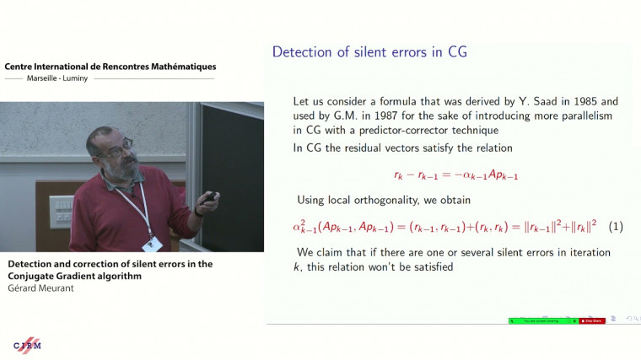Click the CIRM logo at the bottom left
(x=27, y=344)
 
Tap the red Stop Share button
(x=592, y=320)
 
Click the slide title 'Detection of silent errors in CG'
(x=369, y=52)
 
